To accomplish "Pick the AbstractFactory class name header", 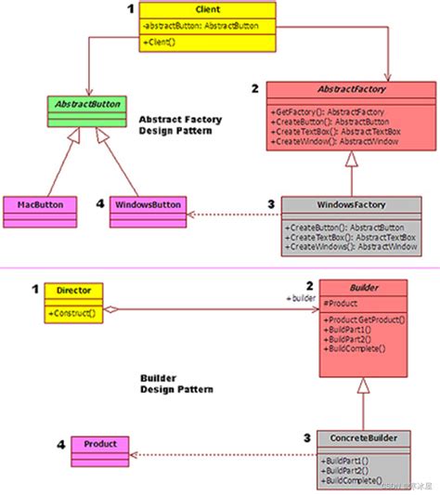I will [x=338, y=90].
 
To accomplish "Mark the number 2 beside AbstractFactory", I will [x=254, y=88].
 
